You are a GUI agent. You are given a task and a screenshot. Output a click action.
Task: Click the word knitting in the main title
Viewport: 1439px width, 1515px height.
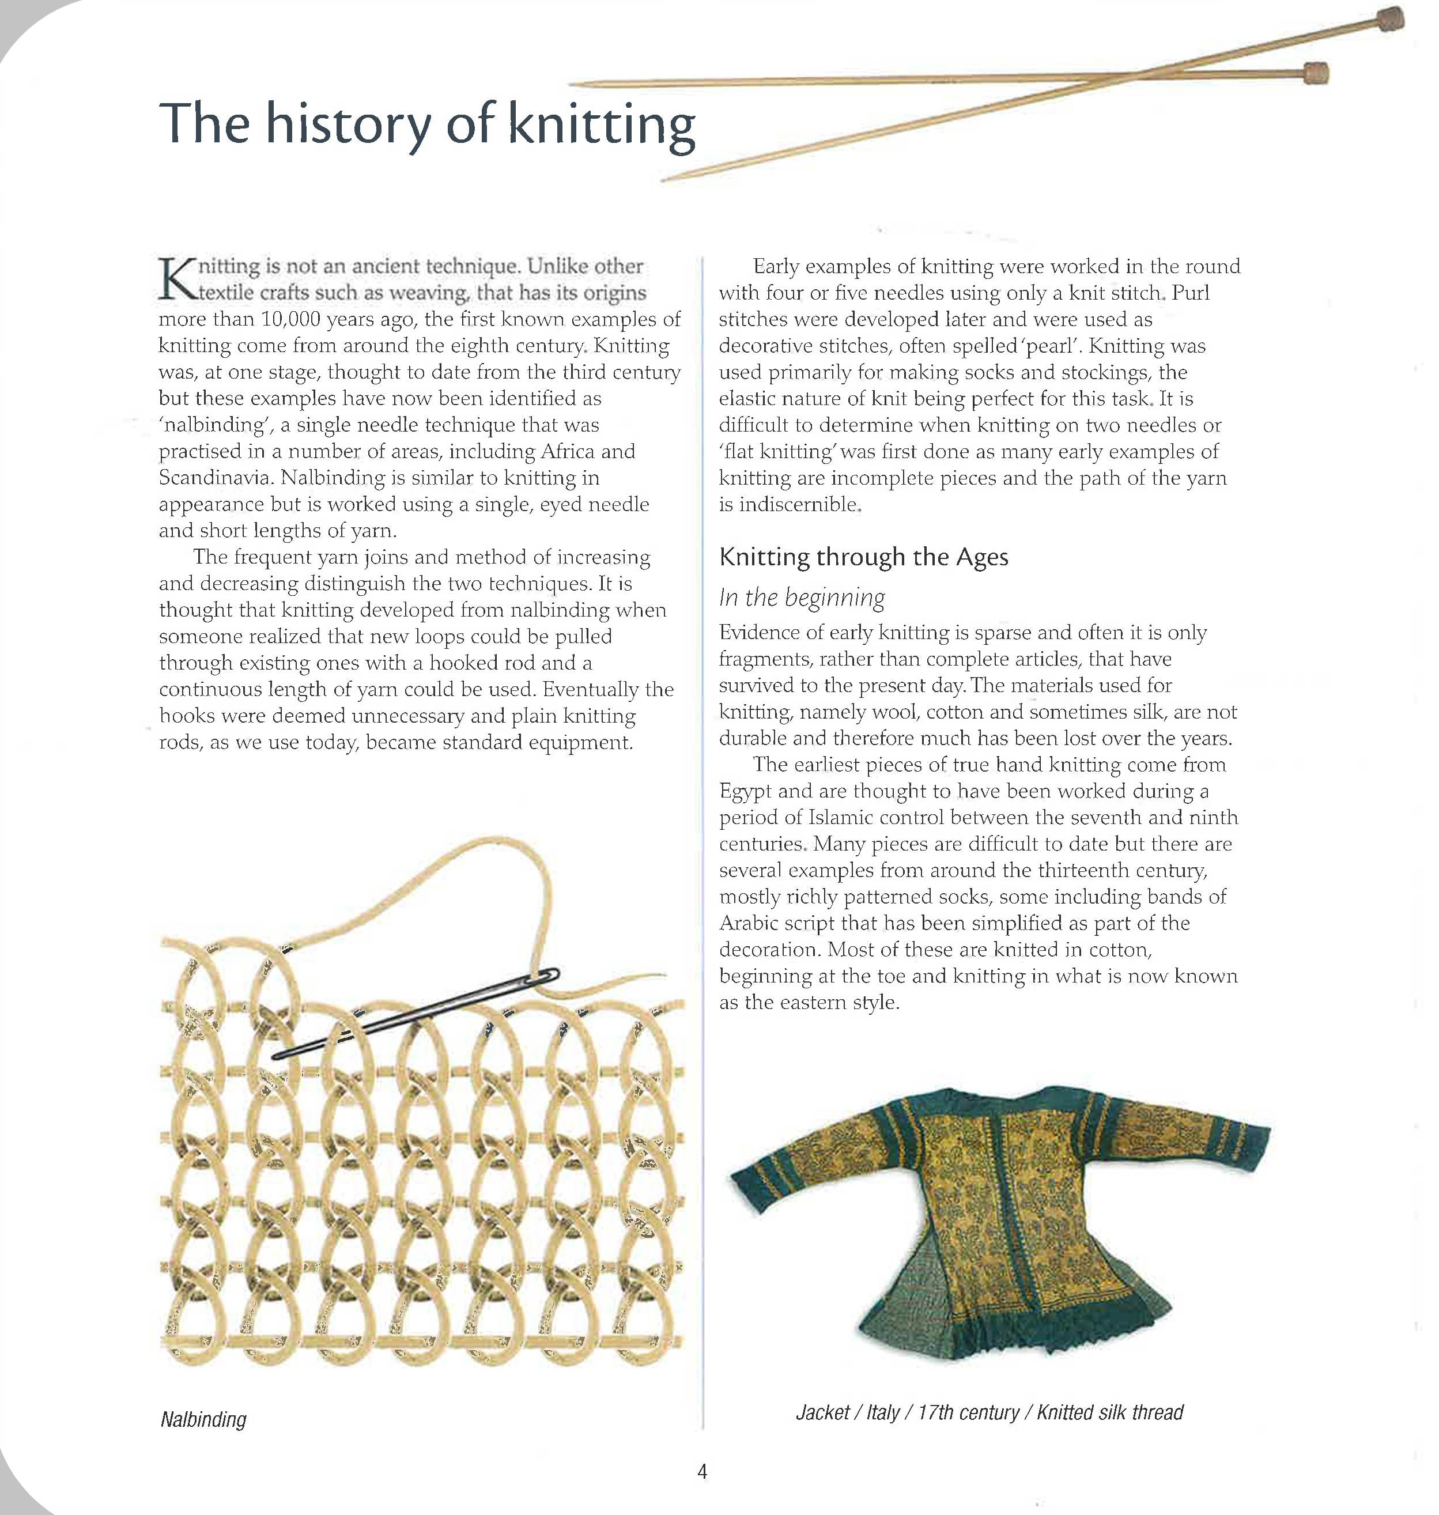tap(602, 124)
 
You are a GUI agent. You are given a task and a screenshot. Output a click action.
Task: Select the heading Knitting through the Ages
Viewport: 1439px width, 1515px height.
tap(863, 557)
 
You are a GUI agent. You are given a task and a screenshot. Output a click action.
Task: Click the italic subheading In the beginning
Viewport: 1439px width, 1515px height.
tap(802, 597)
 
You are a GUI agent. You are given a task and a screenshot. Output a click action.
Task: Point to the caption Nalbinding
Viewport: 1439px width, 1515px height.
tap(203, 1419)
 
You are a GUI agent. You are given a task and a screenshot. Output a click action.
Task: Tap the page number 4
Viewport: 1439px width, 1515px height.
tap(702, 1471)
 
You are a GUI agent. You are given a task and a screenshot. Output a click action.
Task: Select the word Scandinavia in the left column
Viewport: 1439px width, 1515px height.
tap(216, 478)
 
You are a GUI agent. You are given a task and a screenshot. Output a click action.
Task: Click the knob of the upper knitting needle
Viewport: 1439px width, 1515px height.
tap(1388, 18)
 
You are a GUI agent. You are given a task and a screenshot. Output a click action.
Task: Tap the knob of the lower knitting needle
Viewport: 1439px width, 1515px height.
tap(1316, 74)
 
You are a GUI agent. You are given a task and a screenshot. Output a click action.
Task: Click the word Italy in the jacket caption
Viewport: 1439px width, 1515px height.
tap(883, 1412)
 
